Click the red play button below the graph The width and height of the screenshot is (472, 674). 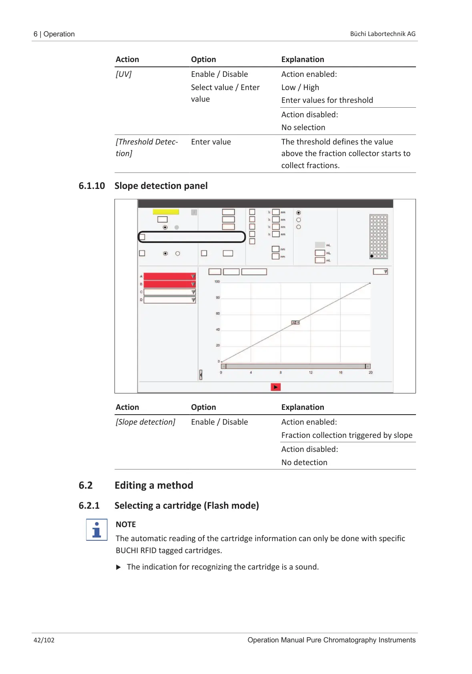pos(275,387)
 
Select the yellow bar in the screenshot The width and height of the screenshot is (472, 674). pos(166,212)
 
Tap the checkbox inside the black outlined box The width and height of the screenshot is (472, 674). pos(142,237)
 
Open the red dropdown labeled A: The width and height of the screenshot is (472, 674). pos(169,276)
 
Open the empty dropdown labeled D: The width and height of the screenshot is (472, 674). pos(169,300)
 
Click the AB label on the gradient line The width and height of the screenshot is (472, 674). pos(295,323)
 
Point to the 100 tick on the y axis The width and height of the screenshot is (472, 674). pos(217,281)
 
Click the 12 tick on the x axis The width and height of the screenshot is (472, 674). pos(311,373)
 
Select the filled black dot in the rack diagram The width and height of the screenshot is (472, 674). pos(372,256)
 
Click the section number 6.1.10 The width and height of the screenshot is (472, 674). pos(92,186)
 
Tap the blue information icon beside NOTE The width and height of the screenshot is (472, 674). pos(96,530)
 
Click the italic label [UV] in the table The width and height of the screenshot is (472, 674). pos(124,74)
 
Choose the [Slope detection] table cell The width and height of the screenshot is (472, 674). pos(145,422)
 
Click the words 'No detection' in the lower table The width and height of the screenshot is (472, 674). pos(304,462)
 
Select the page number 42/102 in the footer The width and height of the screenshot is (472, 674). pos(44,640)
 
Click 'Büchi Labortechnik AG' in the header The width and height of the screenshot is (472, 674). pos(383,34)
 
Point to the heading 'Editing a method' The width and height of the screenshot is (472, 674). pos(154,485)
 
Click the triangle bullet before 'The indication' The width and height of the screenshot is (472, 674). pos(118,567)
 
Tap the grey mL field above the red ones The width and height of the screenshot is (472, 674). pos(319,245)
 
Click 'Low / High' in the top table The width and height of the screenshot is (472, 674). pos(300,87)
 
